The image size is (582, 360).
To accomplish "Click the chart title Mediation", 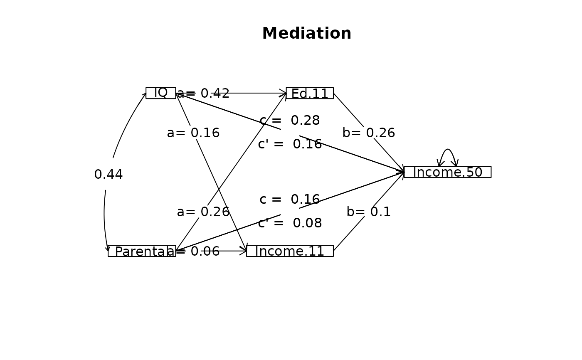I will coord(307,34).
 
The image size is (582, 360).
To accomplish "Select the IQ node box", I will coord(160,93).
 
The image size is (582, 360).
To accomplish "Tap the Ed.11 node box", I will coord(310,93).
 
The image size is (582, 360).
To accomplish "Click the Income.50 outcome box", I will coord(447,172).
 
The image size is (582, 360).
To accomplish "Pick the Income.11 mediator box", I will coord(290,251).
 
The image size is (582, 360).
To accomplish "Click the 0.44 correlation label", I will coord(109,175).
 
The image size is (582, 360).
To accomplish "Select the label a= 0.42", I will coord(203,94).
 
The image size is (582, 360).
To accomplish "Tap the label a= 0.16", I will coord(193,133).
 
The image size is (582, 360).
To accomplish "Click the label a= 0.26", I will coord(203,212).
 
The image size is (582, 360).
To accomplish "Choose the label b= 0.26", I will coord(369,133).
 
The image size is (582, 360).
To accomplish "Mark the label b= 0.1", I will coord(369,212).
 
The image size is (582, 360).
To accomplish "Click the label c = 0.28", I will coord(290,121).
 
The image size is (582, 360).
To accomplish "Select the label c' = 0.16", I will coord(290,144).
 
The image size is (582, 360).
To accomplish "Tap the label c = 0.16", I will coord(290,200).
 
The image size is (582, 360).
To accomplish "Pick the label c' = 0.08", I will coord(290,223).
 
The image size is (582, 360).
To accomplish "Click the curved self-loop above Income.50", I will coord(447,150).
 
